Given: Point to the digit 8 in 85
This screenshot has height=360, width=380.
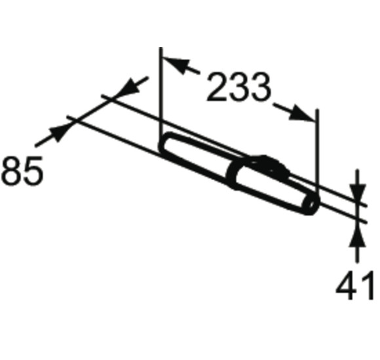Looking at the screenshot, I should pyautogui.click(x=13, y=171).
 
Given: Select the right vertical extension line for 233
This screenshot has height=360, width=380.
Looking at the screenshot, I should pyautogui.click(x=317, y=151).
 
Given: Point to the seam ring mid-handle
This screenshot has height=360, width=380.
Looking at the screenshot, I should pyautogui.click(x=233, y=174).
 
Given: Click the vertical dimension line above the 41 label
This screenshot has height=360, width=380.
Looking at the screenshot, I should pyautogui.click(x=356, y=255).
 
